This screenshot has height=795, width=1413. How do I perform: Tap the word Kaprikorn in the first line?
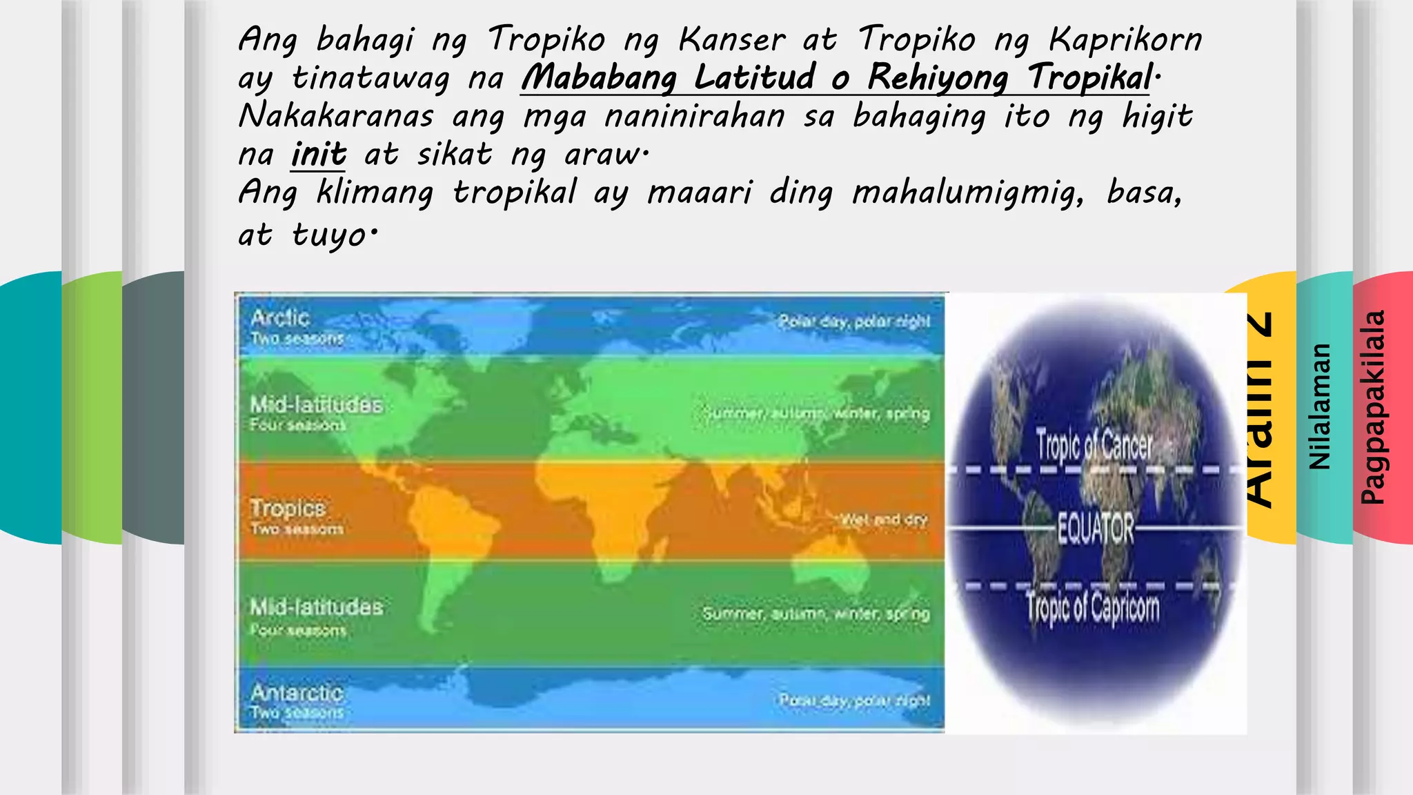(1125, 39)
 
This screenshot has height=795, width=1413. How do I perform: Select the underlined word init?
(318, 154)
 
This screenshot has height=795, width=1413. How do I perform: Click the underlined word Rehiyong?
(938, 77)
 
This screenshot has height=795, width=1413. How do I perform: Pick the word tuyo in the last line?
(329, 235)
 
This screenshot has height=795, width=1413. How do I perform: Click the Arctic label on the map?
(279, 317)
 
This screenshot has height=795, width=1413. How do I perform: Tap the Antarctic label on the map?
(297, 692)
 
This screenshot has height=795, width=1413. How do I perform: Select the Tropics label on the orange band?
(287, 509)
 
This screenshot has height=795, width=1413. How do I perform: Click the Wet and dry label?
(884, 519)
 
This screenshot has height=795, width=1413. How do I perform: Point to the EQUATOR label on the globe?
(1096, 529)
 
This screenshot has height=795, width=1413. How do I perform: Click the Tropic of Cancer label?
(1094, 444)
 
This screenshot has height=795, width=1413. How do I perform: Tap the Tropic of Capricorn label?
(1092, 608)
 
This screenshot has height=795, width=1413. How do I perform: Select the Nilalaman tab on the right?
(1320, 407)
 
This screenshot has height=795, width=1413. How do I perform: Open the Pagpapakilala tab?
(1373, 407)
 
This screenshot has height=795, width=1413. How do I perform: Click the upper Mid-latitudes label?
(316, 404)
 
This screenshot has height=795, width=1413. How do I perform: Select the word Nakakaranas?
(336, 116)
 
